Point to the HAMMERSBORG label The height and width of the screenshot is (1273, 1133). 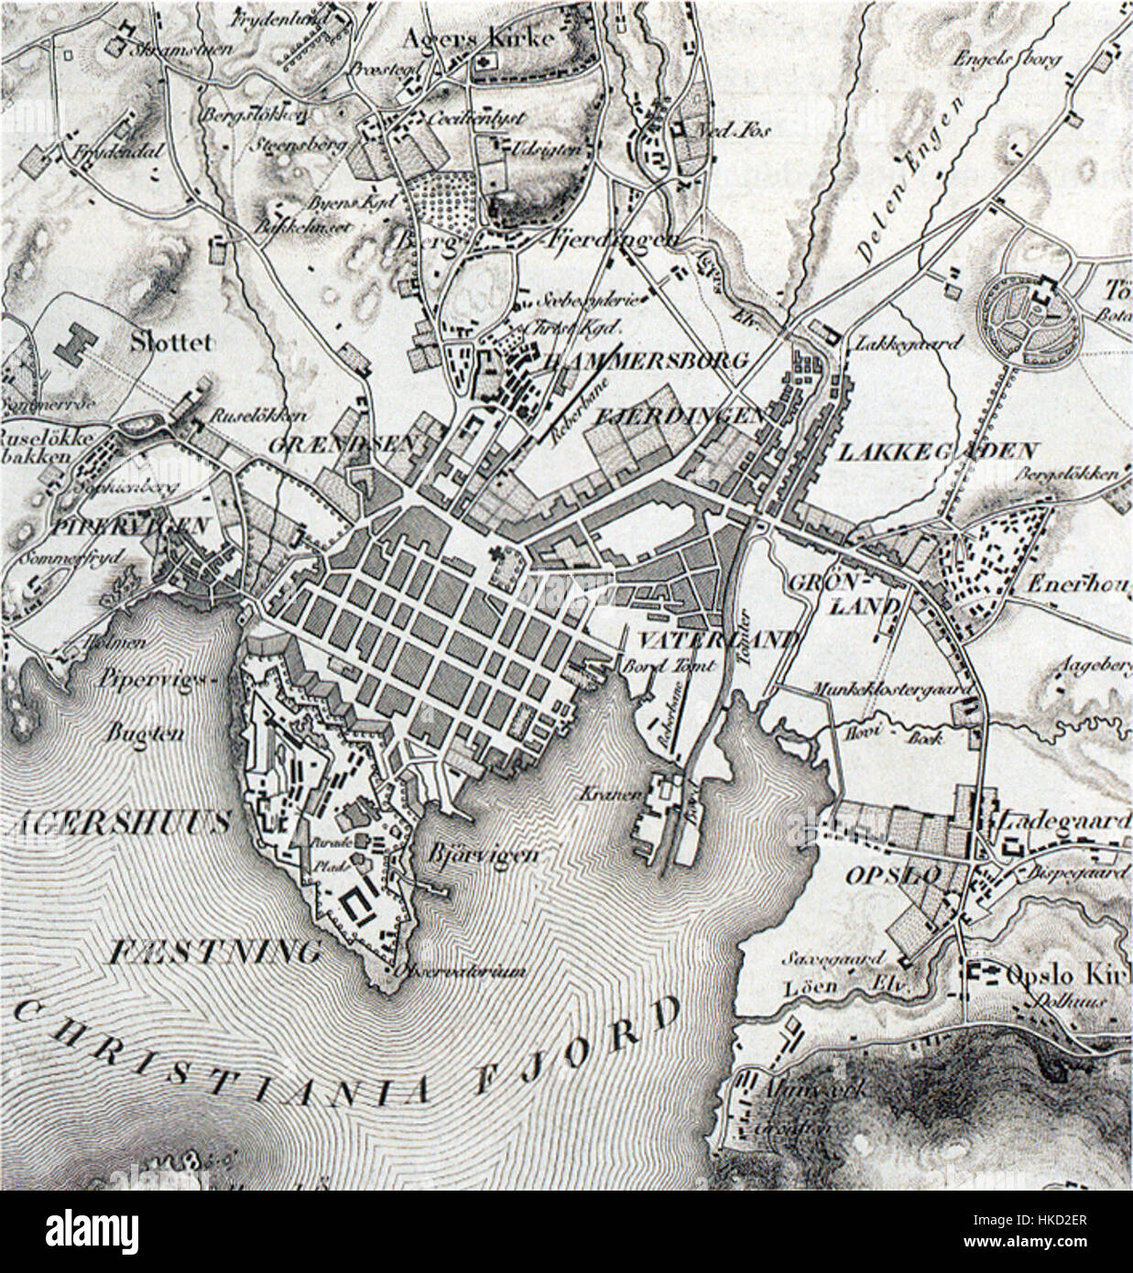[x=647, y=359]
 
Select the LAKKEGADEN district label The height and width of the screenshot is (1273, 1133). [x=937, y=452]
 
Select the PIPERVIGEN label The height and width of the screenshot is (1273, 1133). [x=82, y=526]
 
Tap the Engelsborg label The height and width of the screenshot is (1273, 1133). [x=1007, y=60]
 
